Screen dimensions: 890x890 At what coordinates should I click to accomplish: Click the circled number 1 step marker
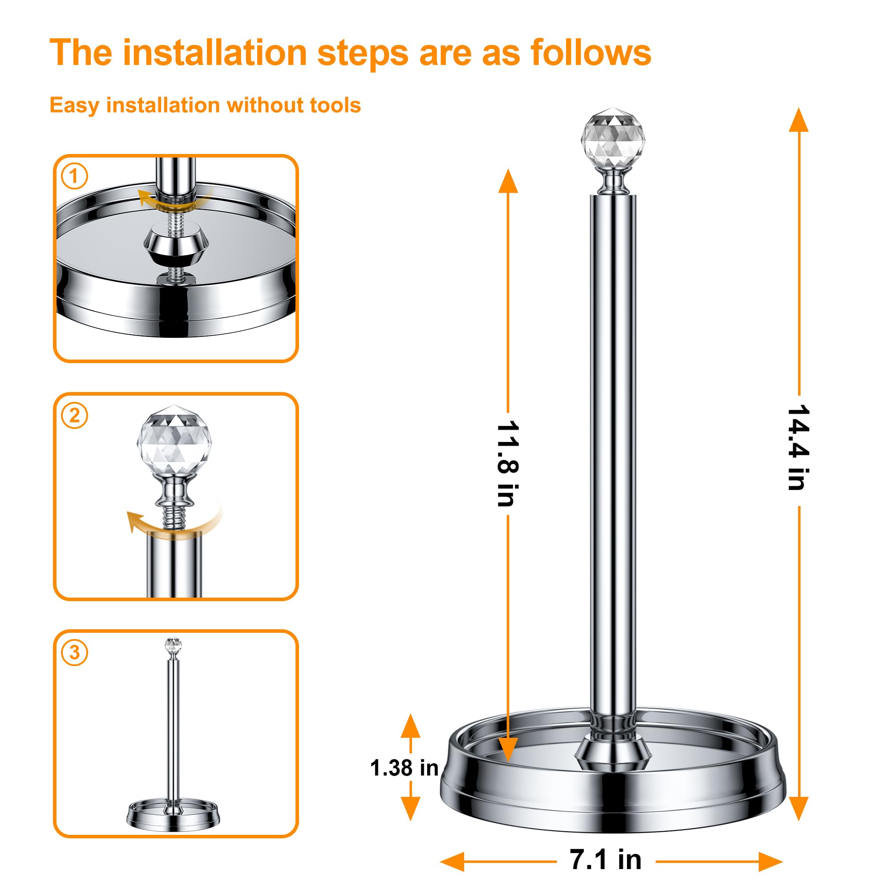coord(74,176)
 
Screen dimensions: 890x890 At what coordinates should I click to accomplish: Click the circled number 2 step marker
coord(74,415)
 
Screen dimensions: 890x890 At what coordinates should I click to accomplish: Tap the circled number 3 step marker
coord(74,652)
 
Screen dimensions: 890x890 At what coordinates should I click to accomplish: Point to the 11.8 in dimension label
coord(508,463)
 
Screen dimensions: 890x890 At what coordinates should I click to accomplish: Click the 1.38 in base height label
coord(404,768)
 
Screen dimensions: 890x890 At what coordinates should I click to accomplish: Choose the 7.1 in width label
coord(605,860)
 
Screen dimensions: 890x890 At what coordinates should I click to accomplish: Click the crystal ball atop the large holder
coord(613,138)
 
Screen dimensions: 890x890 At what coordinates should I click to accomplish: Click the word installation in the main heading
coord(214,53)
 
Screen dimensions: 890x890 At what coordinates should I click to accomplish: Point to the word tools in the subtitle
coord(335,105)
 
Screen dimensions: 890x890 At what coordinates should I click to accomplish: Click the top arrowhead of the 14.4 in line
coord(798,121)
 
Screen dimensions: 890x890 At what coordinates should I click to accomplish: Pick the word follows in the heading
coord(591,53)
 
